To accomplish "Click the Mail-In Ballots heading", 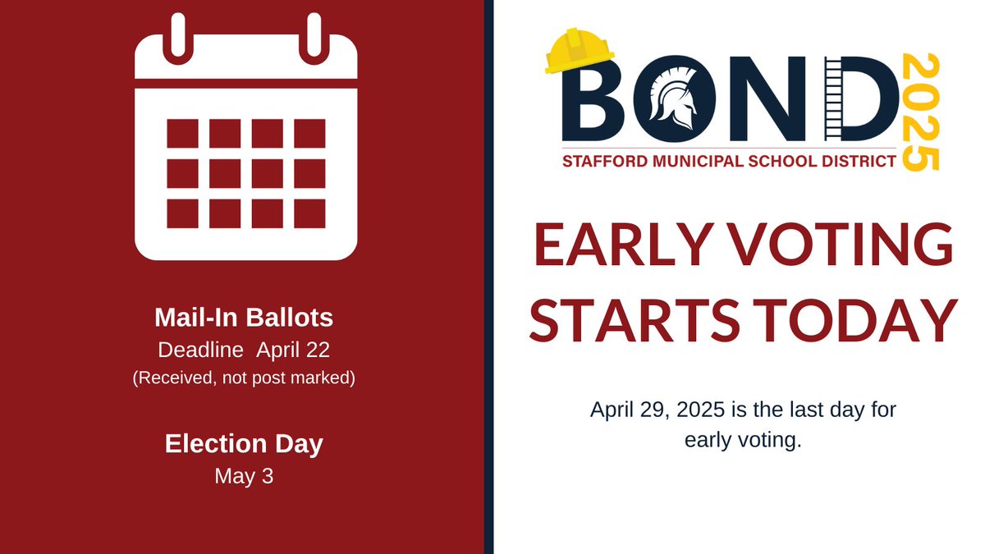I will pyautogui.click(x=244, y=317).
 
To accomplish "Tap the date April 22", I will pyautogui.click(x=293, y=350).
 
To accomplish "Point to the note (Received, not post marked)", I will pyautogui.click(x=244, y=379).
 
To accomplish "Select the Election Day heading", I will pyautogui.click(x=244, y=444).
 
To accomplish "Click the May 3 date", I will pyautogui.click(x=244, y=476).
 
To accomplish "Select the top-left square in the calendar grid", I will pyautogui.click(x=182, y=134).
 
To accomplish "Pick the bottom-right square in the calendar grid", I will pyautogui.click(x=309, y=213).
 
